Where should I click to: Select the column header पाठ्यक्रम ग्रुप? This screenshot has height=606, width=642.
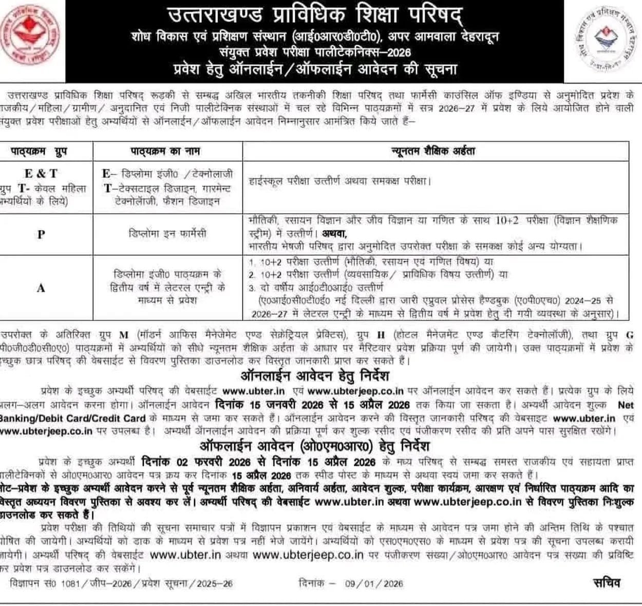tap(39, 151)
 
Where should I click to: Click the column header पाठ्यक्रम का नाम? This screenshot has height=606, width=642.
tap(165, 151)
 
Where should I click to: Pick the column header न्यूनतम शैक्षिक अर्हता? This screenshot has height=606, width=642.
tap(434, 151)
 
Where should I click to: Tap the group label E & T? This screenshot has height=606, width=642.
tap(41, 174)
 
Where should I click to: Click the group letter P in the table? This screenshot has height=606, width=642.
tap(41, 234)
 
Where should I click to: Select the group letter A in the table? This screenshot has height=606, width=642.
tap(41, 288)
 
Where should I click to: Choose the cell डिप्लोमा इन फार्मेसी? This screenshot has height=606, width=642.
tap(167, 234)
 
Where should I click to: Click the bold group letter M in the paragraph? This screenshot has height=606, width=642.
tap(123, 335)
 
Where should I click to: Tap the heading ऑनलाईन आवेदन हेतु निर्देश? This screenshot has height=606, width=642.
tap(315, 376)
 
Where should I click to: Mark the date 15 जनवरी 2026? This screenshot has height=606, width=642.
tap(276, 405)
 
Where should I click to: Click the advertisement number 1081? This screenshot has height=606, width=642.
tap(70, 583)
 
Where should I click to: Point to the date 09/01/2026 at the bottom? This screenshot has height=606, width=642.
tap(374, 583)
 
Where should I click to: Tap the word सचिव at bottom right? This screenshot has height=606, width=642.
tap(607, 583)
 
